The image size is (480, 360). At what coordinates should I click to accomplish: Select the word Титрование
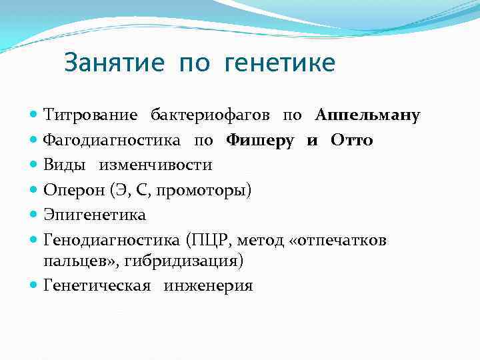click(x=91, y=115)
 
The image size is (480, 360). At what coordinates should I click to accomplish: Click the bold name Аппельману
click(x=367, y=115)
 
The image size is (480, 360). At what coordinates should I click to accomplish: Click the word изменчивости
click(x=157, y=165)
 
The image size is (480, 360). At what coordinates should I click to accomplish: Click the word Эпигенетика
click(x=95, y=215)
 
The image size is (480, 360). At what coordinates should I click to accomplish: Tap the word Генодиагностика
click(x=113, y=239)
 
